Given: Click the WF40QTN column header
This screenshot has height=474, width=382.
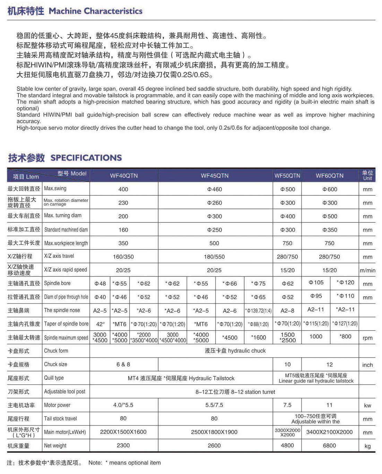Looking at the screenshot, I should pos(124,176).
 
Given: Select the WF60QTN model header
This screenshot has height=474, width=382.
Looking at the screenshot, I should pos(329,176).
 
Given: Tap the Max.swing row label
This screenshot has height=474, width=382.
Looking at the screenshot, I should pos(55,189).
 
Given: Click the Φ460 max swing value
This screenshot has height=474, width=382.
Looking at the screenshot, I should pos(214,189).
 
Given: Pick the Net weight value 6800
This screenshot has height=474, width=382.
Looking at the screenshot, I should pos(329,446).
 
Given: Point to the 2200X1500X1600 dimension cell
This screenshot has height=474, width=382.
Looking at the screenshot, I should pos(123,432).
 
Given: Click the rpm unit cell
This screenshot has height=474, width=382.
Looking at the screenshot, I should pos(367,338).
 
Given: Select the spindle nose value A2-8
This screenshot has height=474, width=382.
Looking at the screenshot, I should pos(287,311).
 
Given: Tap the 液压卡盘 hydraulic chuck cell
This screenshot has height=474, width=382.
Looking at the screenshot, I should pos(235,351).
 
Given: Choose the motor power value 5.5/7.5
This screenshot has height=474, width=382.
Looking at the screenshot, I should pos(214,405).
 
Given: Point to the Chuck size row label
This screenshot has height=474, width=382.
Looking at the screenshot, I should pos(55,364).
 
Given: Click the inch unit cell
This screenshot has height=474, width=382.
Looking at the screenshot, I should pos(367,365).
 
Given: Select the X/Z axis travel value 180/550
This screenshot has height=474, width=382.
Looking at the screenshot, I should pos(214,257).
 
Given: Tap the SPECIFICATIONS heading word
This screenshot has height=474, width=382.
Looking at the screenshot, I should pos(86,158).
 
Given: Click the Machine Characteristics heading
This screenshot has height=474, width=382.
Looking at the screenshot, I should pos(95,11).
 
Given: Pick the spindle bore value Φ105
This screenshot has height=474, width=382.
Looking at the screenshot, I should pos(316,283).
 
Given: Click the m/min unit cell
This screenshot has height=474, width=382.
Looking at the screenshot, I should pos(367,270).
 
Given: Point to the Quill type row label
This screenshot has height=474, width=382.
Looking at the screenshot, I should pos(54,378).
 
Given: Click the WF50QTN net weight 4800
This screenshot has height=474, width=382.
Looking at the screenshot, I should pos(287,446).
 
